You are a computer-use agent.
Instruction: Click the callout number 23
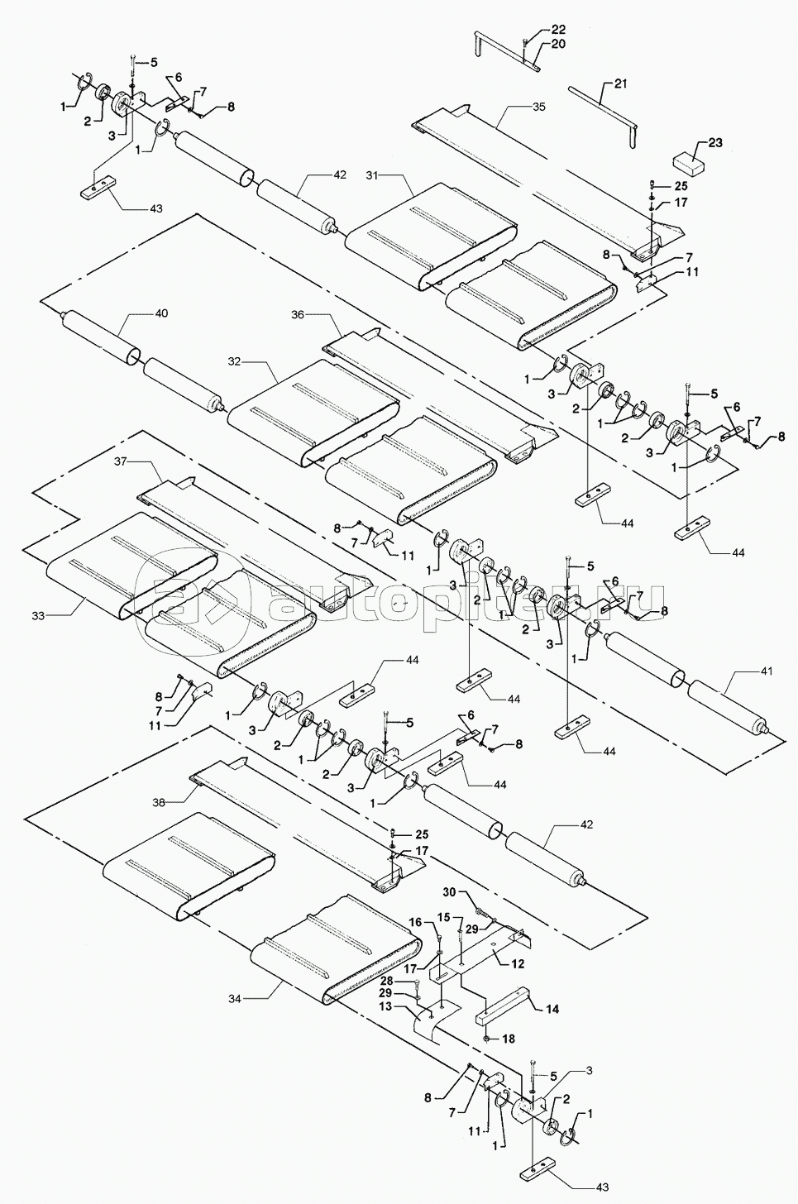pos(714,142)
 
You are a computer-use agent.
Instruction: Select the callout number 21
pos(622,84)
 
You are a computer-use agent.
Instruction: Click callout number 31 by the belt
pos(371,175)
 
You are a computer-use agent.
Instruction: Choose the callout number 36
pos(298,315)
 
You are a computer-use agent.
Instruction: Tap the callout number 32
pos(234,361)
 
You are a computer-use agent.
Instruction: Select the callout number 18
pos(509,1038)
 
